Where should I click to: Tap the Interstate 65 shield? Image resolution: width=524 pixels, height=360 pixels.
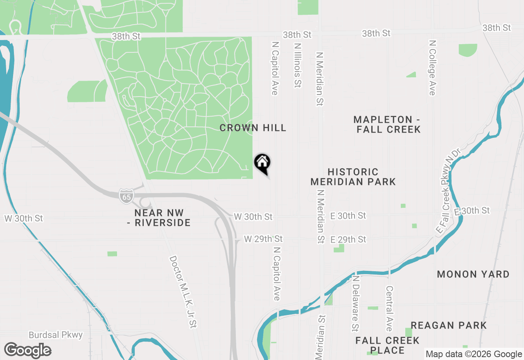[x=126, y=196]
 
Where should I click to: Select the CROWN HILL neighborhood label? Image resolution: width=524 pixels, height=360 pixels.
[x=253, y=128]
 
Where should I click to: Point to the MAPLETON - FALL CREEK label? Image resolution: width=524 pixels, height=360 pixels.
[x=387, y=124]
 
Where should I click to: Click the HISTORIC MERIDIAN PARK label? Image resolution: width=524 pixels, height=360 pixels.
[x=353, y=177]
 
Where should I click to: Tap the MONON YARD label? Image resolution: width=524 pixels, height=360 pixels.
[x=473, y=274]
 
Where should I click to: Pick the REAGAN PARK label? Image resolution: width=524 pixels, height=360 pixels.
[x=449, y=326]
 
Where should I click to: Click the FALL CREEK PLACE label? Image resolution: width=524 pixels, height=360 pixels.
[x=387, y=345]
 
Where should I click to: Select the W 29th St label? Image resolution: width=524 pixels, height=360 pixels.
[x=263, y=239]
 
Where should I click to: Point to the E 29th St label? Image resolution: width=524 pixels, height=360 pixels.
[x=348, y=239]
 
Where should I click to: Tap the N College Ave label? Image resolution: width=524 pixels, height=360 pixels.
[x=432, y=67]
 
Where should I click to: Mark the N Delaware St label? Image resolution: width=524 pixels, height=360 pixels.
[x=355, y=303]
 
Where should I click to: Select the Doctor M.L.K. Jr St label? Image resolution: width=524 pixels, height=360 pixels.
[x=183, y=292]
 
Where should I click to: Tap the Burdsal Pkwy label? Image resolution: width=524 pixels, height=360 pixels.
[x=56, y=335]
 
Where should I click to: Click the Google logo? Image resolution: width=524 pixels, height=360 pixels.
[x=27, y=351]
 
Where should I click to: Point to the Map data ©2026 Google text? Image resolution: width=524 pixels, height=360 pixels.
[x=474, y=354]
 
